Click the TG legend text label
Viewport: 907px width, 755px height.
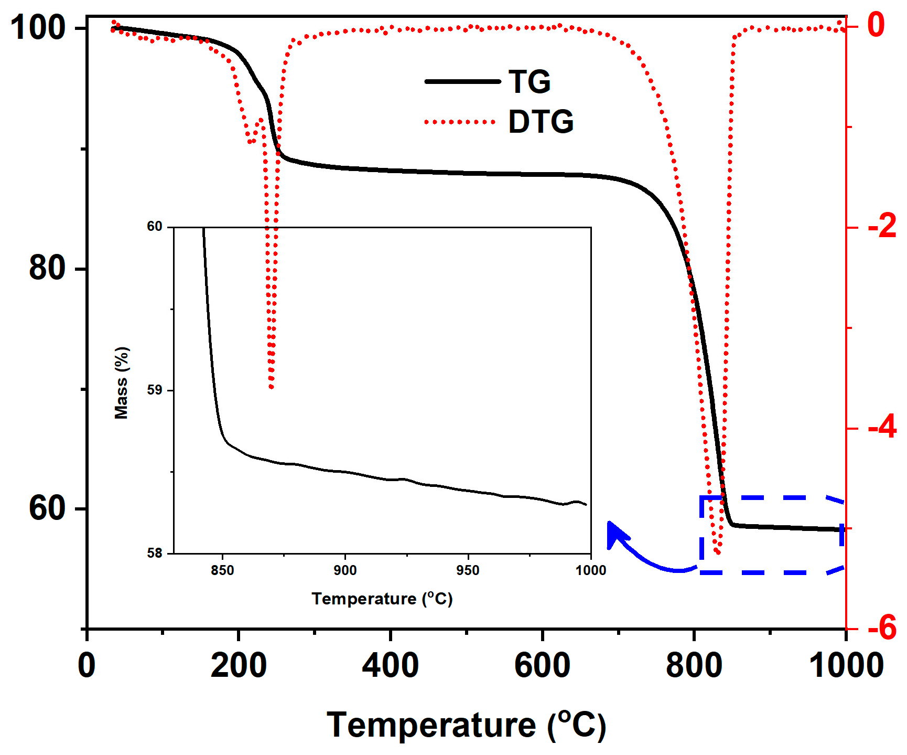[530, 82]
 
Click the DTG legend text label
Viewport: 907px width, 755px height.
[541, 122]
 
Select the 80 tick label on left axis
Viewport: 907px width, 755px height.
[47, 268]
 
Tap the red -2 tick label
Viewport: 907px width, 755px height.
[882, 227]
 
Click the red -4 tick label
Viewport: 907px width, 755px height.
[882, 428]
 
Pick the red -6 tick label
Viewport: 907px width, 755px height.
[882, 628]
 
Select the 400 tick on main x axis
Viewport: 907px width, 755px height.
[390, 666]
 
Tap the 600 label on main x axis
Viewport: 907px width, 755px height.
[542, 666]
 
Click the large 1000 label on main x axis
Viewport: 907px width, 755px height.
[846, 666]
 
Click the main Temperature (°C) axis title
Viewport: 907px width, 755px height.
[466, 726]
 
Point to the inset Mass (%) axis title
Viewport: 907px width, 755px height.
[122, 382]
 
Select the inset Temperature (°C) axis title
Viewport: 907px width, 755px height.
[382, 599]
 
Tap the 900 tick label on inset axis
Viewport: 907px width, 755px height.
[345, 570]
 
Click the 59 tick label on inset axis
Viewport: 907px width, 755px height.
[155, 390]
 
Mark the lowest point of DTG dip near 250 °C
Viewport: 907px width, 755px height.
[271, 387]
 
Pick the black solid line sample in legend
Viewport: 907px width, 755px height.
[462, 81]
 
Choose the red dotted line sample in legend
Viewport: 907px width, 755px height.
[460, 122]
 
